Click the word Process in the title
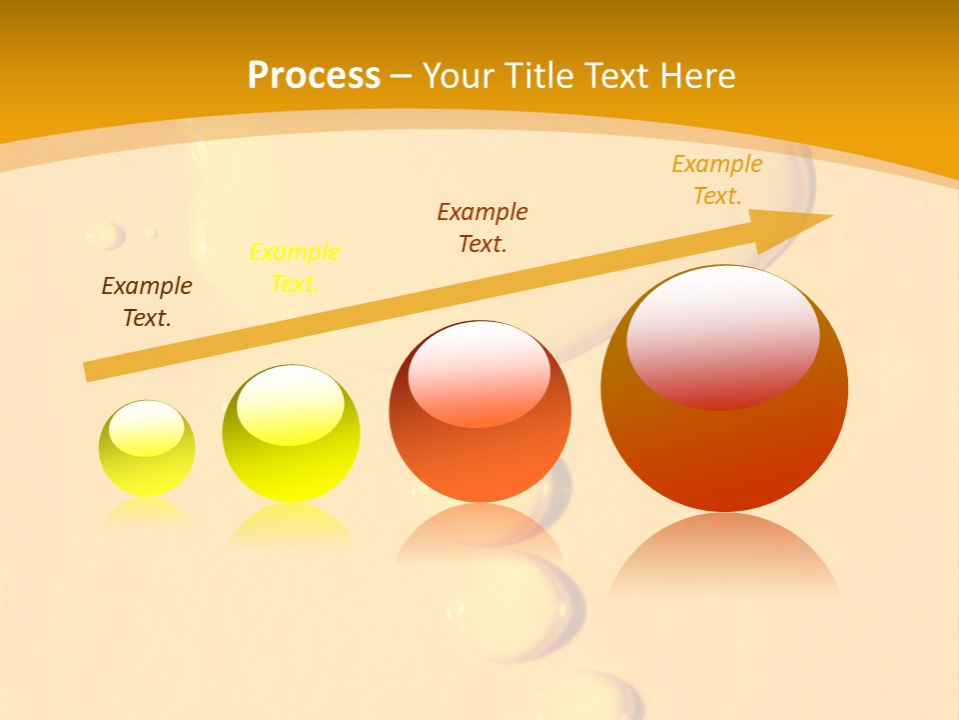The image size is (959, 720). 314,75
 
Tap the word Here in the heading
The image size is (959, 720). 695,75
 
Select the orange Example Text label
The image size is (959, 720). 717,180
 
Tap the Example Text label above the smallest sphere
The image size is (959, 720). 147,302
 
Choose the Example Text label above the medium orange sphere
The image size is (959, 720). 482,227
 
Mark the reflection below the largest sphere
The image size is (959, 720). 724,555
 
